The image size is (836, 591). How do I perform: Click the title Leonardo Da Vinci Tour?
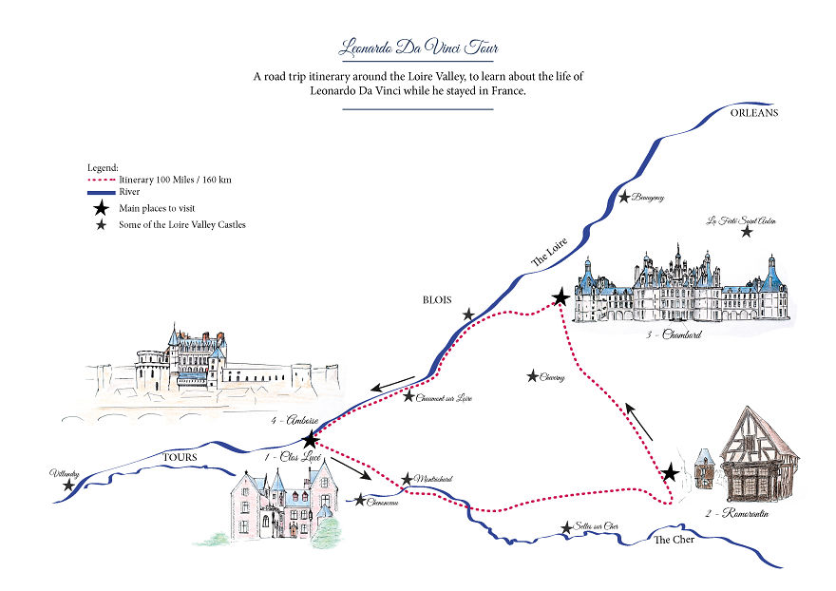coord(418,47)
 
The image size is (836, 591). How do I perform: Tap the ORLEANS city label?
coord(753,112)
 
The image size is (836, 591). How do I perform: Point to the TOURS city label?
coord(180,458)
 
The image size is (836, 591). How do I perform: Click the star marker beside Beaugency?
coord(624,198)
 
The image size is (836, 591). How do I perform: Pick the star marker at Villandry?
coord(68,485)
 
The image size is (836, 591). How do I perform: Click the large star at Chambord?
coord(560,298)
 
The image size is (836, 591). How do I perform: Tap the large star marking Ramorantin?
coord(671,471)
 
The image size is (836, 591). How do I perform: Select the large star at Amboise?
coord(310,440)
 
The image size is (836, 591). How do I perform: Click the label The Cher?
coord(674,540)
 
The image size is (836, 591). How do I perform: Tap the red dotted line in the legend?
coord(100,179)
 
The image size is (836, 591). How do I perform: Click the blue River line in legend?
coord(100,191)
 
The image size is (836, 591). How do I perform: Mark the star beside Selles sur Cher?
coord(567,527)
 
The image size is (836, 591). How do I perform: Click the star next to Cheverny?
coord(532,376)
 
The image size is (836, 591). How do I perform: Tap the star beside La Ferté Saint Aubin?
coord(748,231)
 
